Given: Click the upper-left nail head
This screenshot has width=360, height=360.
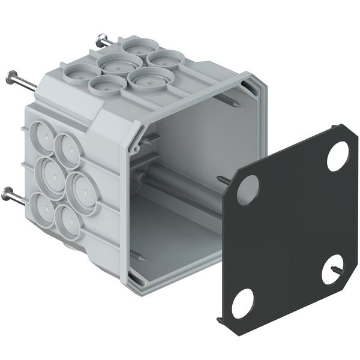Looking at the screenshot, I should click(11, 76).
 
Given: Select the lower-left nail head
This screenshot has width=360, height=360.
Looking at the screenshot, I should click(8, 193).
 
